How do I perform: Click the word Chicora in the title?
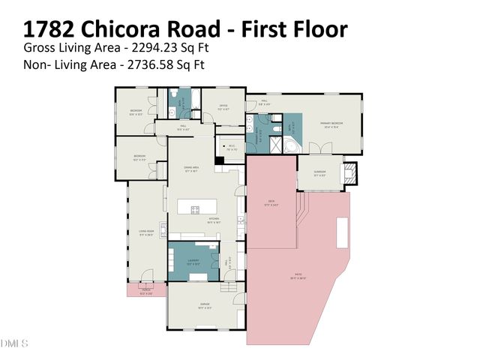144,29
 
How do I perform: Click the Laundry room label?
193,261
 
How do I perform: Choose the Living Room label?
145,232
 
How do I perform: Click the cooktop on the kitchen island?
196,209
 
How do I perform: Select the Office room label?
223,106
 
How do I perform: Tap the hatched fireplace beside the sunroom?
350,175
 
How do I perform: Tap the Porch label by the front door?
146,292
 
